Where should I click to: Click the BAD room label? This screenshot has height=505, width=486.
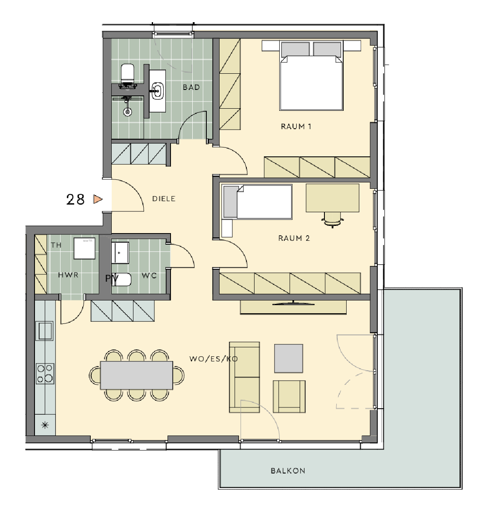pos(191,87)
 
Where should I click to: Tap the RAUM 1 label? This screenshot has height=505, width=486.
pos(296,126)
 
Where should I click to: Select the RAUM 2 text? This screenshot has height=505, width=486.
pos(294,238)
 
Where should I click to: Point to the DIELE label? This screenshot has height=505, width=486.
pos(164,199)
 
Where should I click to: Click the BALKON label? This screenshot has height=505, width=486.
pos(288,470)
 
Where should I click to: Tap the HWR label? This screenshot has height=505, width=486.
pos(68,275)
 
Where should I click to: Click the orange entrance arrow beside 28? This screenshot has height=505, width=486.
pos(98,199)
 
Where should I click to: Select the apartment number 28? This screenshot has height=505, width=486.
pos(75,199)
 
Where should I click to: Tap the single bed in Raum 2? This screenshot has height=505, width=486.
pos(257,202)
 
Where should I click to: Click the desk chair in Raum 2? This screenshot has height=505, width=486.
pos(333,219)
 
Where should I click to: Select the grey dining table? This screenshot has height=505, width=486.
pos(137,375)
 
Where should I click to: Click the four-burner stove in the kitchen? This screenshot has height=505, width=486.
pos(45,373)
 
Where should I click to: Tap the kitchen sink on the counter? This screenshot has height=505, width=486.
pos(45,331)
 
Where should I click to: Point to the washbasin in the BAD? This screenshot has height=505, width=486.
pos(158,90)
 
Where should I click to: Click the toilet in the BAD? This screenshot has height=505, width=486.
pos(127,76)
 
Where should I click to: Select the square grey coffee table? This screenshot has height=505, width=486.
pos(289,358)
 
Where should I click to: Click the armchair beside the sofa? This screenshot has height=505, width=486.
pos(289,396)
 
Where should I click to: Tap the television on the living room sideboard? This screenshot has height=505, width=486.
pos(293,303)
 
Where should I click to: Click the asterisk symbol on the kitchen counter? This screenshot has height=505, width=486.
pos(45,425)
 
